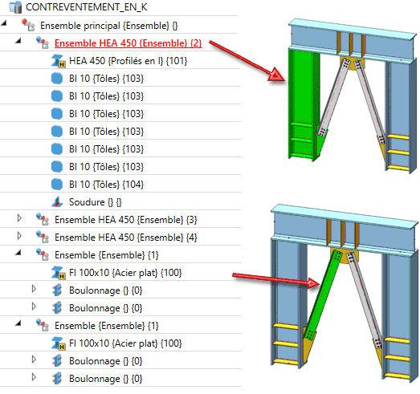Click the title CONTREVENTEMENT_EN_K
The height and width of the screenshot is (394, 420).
[x=86, y=7]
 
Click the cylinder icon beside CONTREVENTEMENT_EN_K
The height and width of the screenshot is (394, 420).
[x=15, y=7]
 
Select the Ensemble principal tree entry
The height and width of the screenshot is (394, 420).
[x=108, y=26]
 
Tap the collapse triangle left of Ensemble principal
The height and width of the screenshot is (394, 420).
[x=4, y=23]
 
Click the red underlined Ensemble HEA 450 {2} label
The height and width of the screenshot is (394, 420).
[x=128, y=43]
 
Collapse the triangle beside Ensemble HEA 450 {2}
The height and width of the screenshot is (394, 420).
[x=18, y=41]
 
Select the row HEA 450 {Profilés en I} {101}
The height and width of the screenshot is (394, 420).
[x=128, y=61]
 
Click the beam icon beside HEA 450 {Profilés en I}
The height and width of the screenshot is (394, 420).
[x=58, y=61]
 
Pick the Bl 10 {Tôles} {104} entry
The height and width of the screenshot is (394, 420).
[x=106, y=185]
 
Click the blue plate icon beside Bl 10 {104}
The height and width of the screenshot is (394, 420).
[x=57, y=185]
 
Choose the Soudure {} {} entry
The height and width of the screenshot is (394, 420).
[x=95, y=202]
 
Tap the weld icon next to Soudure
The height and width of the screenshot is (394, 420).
[x=57, y=202]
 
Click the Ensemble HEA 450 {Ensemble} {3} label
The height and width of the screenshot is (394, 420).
[x=125, y=220]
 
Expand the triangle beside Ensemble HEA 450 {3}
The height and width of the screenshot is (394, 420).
[x=19, y=218]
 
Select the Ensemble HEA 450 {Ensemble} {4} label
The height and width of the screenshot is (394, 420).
[x=125, y=238]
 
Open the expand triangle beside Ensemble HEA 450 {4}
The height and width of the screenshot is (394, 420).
[x=19, y=236]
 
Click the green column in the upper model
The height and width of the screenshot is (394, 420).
[x=300, y=104]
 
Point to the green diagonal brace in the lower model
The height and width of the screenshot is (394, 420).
[x=322, y=296]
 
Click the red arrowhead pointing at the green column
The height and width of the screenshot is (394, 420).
[x=276, y=75]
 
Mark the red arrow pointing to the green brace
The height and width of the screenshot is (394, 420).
[x=276, y=280]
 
